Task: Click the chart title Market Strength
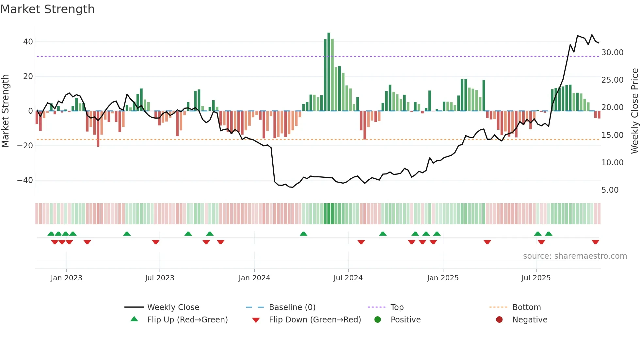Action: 47,9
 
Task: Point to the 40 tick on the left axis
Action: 28,42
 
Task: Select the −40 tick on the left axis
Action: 25,180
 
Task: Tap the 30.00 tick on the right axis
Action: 612,53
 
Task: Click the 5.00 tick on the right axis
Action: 610,190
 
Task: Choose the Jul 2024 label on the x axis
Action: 348,278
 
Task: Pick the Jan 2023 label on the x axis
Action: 66,278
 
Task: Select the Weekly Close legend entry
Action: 173,307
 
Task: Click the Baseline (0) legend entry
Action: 292,307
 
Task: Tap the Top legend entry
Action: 397,307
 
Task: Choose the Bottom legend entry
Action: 526,307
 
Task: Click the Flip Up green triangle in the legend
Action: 134,319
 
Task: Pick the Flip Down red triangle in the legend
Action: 256,320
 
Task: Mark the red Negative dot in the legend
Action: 499,319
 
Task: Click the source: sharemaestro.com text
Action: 575,256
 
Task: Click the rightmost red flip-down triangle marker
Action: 595,242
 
